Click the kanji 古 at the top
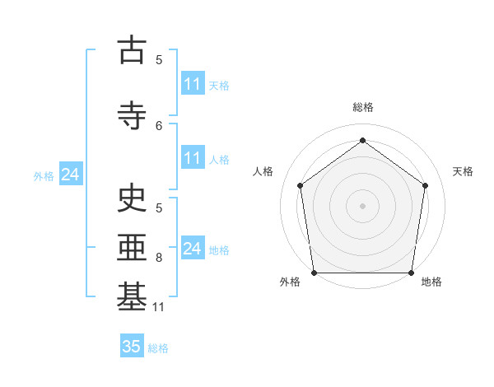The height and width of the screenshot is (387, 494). click(x=132, y=49)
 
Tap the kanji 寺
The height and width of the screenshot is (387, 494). click(x=132, y=115)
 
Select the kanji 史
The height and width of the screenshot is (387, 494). click(x=132, y=198)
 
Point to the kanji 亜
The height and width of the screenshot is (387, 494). click(x=132, y=247)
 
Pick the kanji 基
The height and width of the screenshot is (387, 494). click(x=132, y=296)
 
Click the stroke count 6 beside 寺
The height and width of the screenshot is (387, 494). click(x=159, y=126)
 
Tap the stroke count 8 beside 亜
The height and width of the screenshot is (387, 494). click(x=159, y=258)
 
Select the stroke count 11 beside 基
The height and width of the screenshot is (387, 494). click(x=158, y=307)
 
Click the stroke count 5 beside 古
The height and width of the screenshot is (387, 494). click(x=159, y=60)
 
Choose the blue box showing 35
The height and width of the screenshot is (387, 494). click(x=132, y=345)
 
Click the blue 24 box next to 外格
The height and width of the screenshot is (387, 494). click(x=71, y=174)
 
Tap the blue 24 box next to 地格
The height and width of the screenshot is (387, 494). click(x=193, y=247)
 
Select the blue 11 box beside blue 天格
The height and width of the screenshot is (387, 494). click(x=193, y=83)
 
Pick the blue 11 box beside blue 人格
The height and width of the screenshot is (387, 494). click(x=193, y=157)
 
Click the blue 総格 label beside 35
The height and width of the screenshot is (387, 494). click(x=158, y=348)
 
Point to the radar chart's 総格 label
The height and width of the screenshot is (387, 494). click(x=363, y=107)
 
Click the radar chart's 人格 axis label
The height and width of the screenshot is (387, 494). click(x=263, y=171)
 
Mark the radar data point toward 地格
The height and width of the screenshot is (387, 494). click(x=411, y=273)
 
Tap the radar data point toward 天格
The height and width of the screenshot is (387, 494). click(x=425, y=185)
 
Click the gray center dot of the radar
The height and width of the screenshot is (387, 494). click(x=362, y=206)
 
